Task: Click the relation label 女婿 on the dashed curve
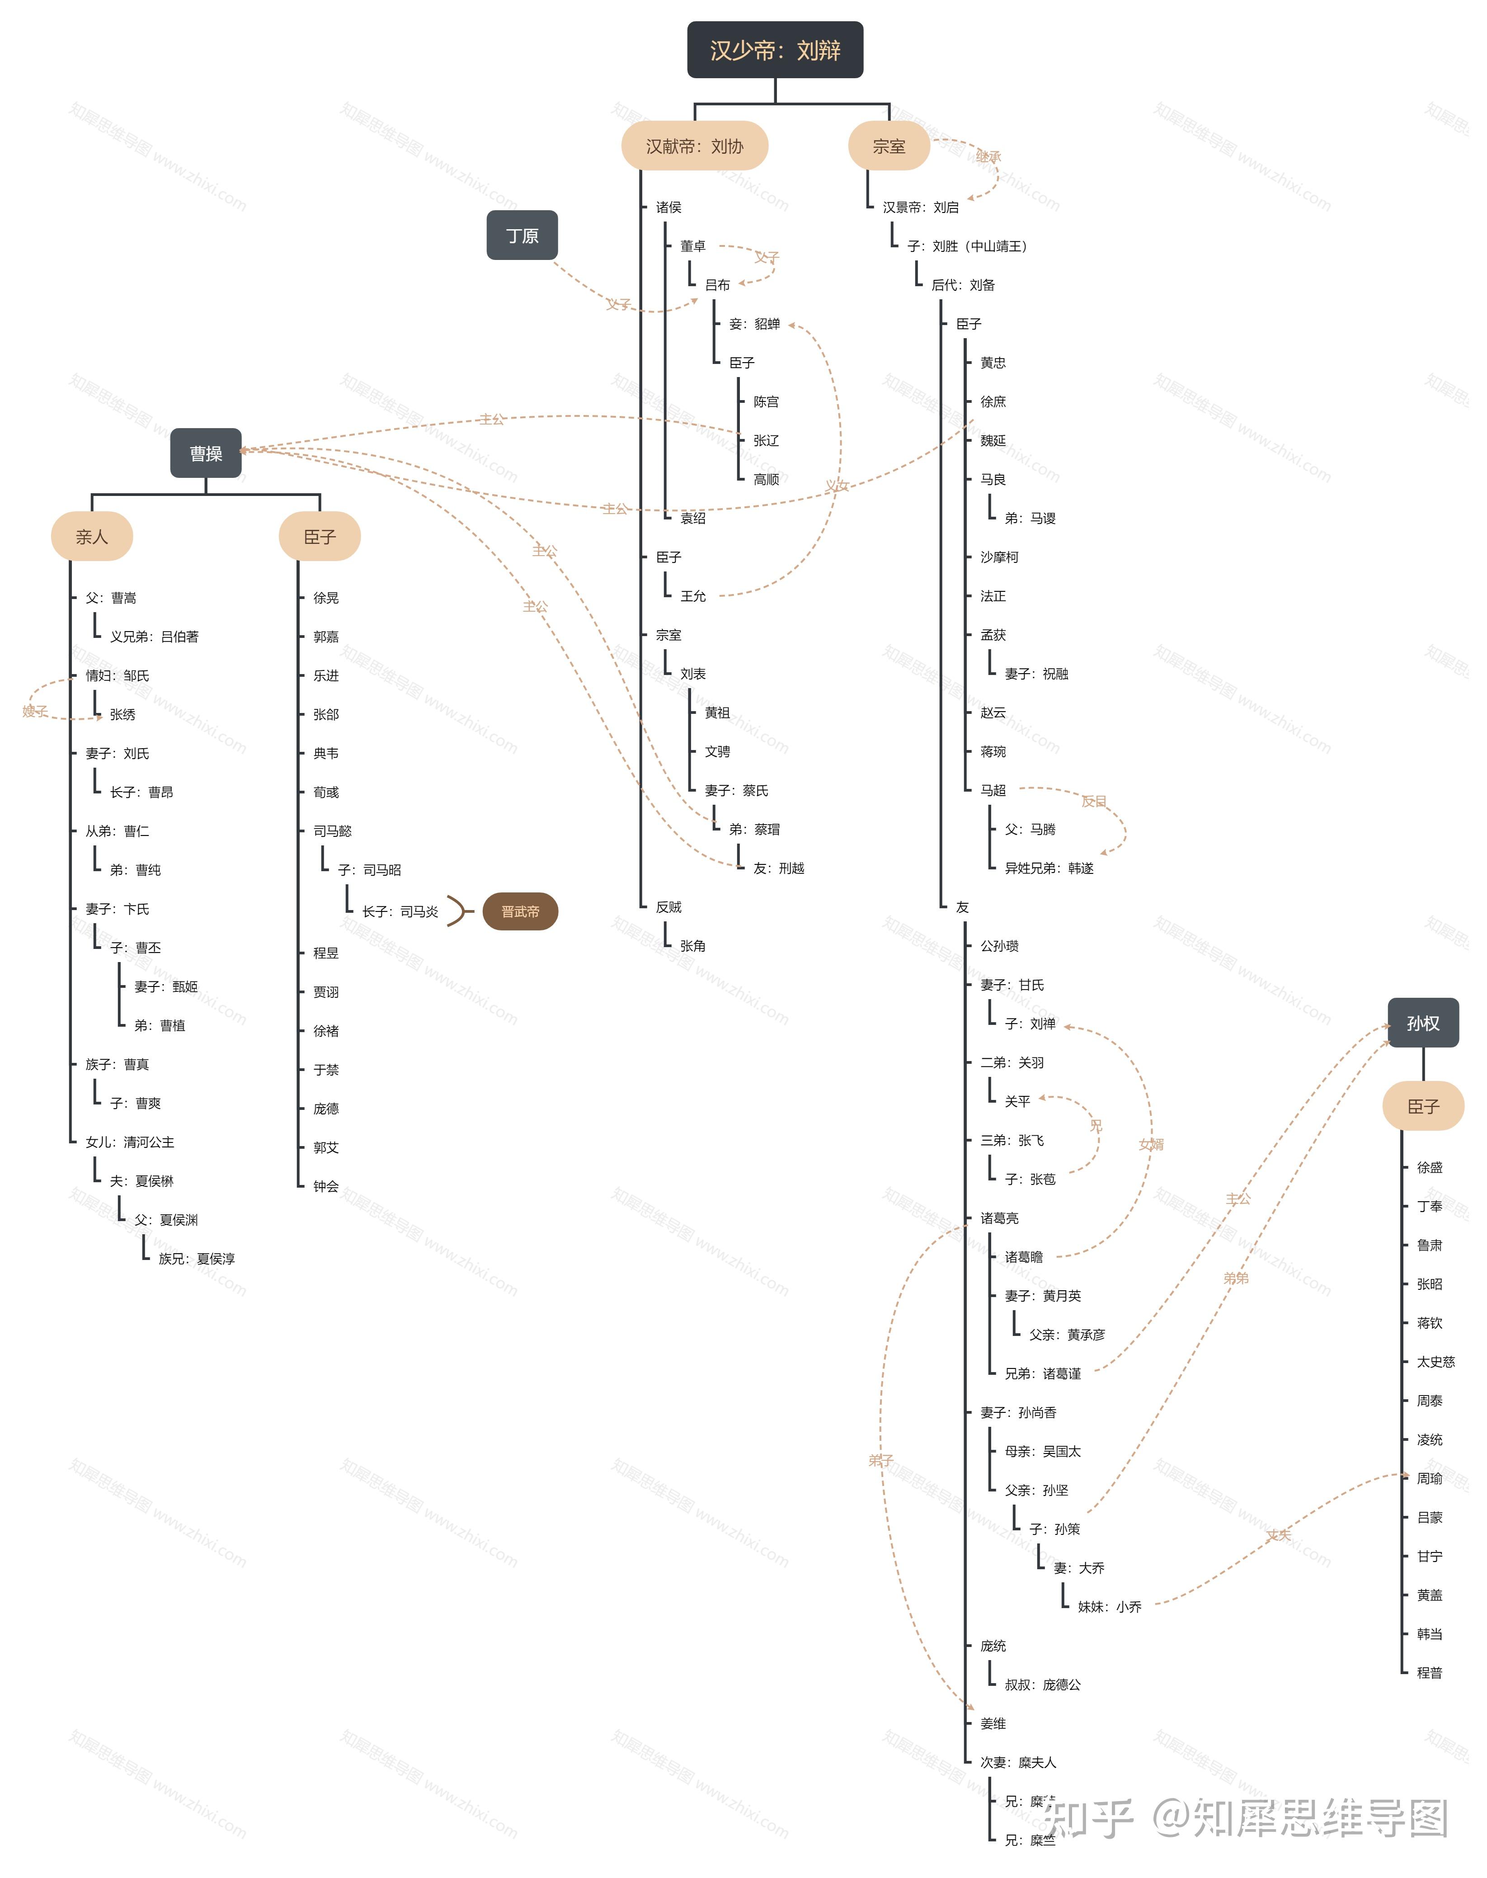(x=1151, y=1144)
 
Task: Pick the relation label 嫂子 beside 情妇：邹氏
(x=35, y=711)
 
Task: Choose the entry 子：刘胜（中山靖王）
(x=966, y=246)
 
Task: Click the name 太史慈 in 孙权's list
(x=1435, y=1362)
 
